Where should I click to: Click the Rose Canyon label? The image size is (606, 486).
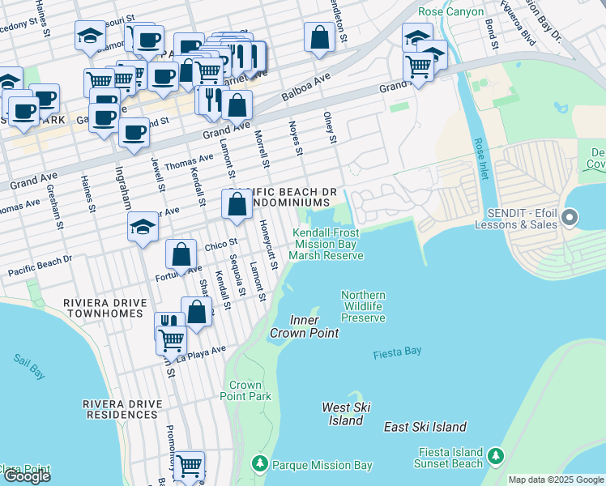click(x=451, y=12)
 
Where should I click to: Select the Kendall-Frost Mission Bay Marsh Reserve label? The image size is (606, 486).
click(x=326, y=244)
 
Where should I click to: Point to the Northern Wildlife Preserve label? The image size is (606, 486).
click(x=363, y=307)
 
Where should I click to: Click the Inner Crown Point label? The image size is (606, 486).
click(x=293, y=327)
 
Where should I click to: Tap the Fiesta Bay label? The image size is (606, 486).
click(x=397, y=353)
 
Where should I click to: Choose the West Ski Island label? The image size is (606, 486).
click(x=346, y=414)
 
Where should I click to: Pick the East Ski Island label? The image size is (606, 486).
click(x=425, y=427)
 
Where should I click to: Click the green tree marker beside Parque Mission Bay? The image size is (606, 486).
click(x=259, y=464)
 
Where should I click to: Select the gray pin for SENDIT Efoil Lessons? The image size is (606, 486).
click(x=570, y=216)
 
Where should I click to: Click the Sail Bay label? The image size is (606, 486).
click(x=30, y=366)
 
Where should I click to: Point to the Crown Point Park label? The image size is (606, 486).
click(x=245, y=391)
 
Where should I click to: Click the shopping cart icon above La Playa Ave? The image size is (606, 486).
click(x=171, y=339)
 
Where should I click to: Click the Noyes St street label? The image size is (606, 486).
click(x=296, y=139)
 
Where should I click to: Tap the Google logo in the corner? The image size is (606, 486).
click(x=27, y=476)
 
